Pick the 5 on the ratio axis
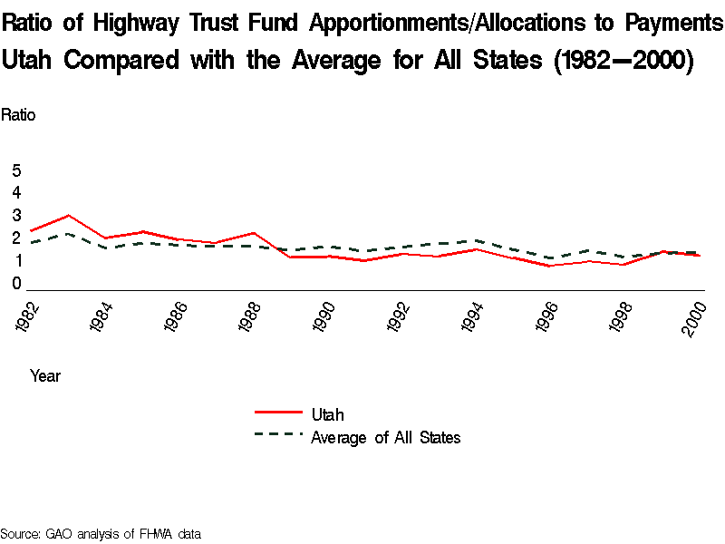coord(16,170)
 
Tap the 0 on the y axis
coord(16,284)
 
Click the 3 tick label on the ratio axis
coord(16,216)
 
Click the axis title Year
coord(45,374)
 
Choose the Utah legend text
coord(327,415)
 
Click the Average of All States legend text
coord(385,438)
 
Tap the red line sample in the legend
coord(278,413)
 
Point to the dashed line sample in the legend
coord(278,435)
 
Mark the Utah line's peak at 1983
coord(68,216)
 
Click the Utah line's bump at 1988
coord(253,233)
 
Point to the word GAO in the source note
coord(60,534)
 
